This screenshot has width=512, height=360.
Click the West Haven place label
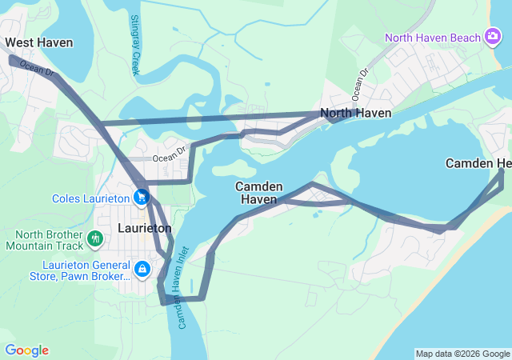38,42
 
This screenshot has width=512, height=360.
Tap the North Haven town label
356,114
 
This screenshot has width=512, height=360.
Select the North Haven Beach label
432,38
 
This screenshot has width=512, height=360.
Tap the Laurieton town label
144,228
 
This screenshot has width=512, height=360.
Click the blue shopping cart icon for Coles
142,196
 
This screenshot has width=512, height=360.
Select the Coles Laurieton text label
90,198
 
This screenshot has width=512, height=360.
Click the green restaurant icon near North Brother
95,238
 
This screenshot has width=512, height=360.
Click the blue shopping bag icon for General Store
142,268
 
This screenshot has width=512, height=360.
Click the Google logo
26,350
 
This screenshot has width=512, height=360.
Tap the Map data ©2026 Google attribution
462,354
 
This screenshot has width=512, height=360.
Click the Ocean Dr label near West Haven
37,70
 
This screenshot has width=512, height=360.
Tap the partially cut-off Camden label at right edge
478,164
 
